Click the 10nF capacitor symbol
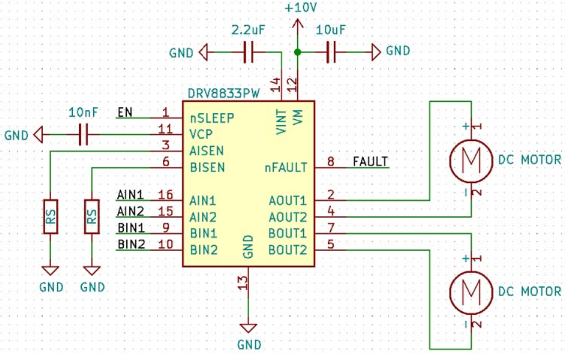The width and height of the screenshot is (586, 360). (x=83, y=134)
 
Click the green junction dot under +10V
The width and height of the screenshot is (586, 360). (x=297, y=53)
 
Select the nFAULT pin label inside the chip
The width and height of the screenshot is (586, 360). (x=286, y=167)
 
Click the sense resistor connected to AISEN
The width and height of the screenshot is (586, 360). (x=51, y=216)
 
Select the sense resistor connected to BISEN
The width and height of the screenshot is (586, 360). (x=91, y=216)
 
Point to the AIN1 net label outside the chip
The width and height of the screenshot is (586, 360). (x=130, y=194)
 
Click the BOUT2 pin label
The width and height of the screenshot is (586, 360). (x=288, y=249)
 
